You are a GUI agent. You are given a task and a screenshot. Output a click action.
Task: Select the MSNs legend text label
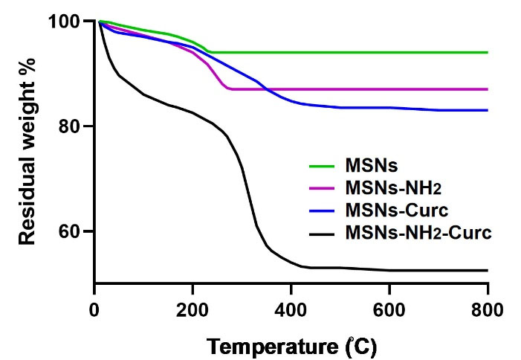370,163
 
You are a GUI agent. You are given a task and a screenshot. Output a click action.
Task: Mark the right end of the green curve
488,52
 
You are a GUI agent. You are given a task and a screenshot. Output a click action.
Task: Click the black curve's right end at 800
488,270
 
